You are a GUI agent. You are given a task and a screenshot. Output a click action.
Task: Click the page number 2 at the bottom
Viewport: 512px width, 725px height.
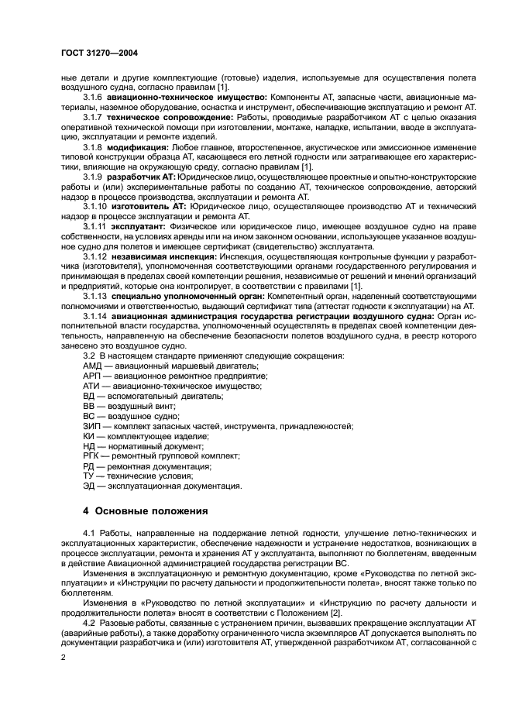point(64,656)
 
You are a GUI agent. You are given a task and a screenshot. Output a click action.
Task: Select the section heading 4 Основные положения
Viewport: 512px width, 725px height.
point(146,510)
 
